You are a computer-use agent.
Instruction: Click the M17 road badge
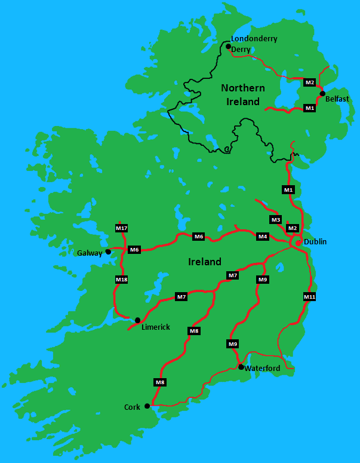pyautogui.click(x=121, y=228)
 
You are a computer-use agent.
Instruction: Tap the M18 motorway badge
pyautogui.click(x=121, y=280)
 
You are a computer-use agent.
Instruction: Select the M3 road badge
pyautogui.click(x=275, y=220)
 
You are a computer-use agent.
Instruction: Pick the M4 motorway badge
pyautogui.click(x=262, y=237)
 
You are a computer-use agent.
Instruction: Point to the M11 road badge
pyautogui.click(x=309, y=297)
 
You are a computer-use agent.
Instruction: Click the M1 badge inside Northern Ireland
pyautogui.click(x=309, y=108)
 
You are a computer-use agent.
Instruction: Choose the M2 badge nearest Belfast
pyautogui.click(x=309, y=82)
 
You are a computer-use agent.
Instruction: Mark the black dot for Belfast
pyautogui.click(x=322, y=94)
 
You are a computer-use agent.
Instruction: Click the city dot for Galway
pyautogui.click(x=108, y=252)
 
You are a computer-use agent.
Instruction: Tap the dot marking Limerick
pyautogui.click(x=137, y=320)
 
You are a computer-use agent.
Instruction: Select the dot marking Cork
pyautogui.click(x=147, y=406)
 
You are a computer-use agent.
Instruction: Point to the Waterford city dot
pyautogui.click(x=241, y=367)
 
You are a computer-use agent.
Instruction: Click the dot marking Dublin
pyautogui.click(x=298, y=243)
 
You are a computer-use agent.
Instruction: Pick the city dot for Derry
pyautogui.click(x=227, y=45)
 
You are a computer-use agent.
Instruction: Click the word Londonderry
pyautogui.click(x=254, y=39)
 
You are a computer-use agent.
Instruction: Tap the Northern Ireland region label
pyautogui.click(x=243, y=95)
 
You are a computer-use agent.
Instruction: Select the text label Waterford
pyautogui.click(x=262, y=369)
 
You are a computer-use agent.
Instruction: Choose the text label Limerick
pyautogui.click(x=155, y=327)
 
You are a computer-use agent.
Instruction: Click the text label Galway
pyautogui.click(x=90, y=253)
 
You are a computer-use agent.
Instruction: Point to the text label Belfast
pyautogui.click(x=337, y=99)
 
